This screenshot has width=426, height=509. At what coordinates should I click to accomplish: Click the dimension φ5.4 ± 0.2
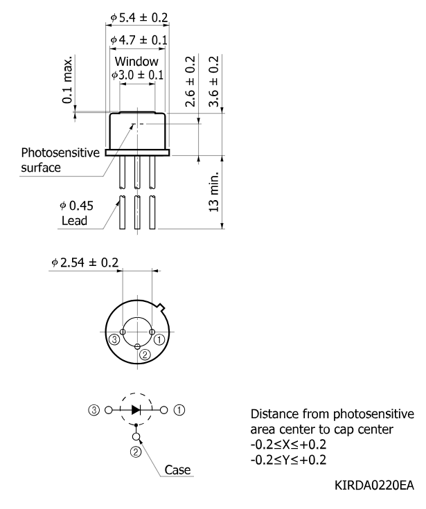[139, 17]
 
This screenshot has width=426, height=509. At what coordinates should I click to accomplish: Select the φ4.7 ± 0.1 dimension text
[139, 40]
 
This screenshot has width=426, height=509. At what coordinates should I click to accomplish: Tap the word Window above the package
[136, 62]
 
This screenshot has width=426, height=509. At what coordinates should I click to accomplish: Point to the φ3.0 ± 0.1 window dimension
[137, 75]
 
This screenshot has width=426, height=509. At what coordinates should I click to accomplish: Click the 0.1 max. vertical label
[67, 80]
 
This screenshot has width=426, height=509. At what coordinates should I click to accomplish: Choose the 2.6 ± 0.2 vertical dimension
[190, 81]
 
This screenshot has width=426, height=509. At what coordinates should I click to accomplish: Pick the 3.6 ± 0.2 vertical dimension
[213, 81]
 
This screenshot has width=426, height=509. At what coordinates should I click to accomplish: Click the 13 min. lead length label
[213, 192]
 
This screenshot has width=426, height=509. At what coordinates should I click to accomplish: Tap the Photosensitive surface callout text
[60, 160]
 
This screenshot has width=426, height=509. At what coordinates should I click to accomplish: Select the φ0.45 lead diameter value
[77, 206]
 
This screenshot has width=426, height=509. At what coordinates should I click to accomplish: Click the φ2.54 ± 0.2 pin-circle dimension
[85, 262]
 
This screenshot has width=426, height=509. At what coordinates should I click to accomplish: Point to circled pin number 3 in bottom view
[114, 340]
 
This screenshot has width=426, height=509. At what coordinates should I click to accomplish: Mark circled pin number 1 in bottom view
[159, 340]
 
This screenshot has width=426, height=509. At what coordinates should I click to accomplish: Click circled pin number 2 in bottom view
[145, 355]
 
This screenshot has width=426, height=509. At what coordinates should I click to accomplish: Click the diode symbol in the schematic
[136, 410]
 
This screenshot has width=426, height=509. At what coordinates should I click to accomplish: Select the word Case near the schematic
[177, 470]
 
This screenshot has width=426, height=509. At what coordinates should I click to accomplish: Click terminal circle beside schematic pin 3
[109, 410]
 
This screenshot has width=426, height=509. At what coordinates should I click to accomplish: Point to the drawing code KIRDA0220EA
[374, 485]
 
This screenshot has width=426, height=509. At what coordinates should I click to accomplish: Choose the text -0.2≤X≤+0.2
[288, 445]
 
